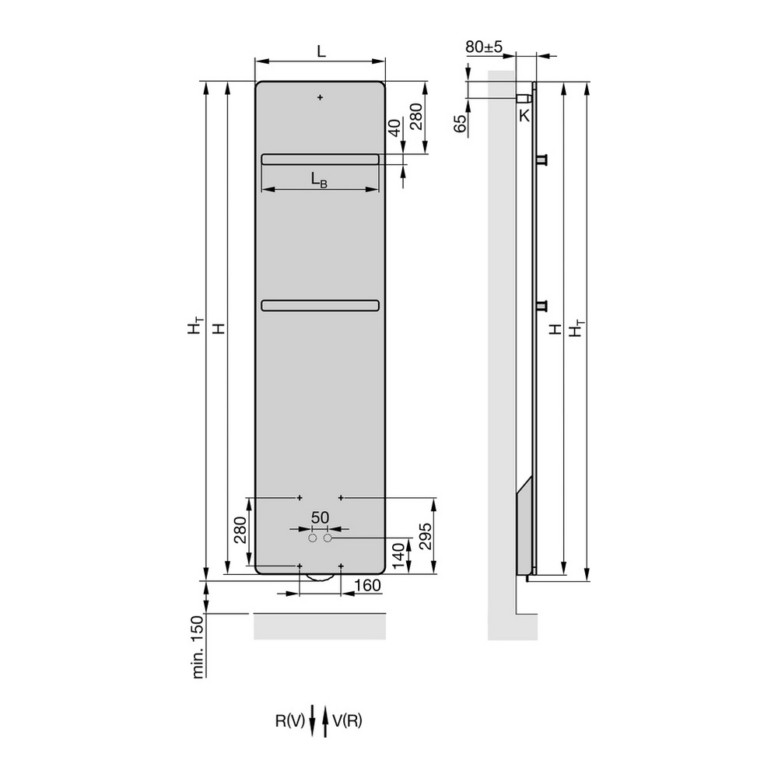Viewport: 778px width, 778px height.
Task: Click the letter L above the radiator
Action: point(321,51)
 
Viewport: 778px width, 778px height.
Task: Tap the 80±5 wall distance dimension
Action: point(484,47)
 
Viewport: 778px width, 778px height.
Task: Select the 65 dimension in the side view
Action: point(461,124)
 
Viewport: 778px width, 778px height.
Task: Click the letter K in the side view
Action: point(524,116)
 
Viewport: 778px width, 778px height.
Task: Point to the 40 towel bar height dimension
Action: point(394,128)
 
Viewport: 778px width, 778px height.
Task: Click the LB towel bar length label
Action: point(319,180)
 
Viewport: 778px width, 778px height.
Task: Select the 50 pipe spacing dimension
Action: point(320,517)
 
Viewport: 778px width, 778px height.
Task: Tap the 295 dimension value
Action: point(426,536)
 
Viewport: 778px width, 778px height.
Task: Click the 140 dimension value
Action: point(398,557)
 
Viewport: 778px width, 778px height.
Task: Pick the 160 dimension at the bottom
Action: point(367,586)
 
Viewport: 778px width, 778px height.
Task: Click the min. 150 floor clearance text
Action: point(198,647)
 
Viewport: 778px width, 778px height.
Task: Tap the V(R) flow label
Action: point(347,720)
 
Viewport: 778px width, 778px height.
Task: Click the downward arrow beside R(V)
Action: point(313,720)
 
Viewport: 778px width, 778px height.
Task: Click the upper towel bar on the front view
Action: point(320,159)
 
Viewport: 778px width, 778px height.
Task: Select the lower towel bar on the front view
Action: point(320,306)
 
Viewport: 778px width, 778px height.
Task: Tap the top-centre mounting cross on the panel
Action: point(320,97)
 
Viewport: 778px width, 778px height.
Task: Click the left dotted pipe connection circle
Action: point(313,538)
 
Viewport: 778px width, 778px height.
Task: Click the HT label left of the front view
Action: point(195,325)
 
